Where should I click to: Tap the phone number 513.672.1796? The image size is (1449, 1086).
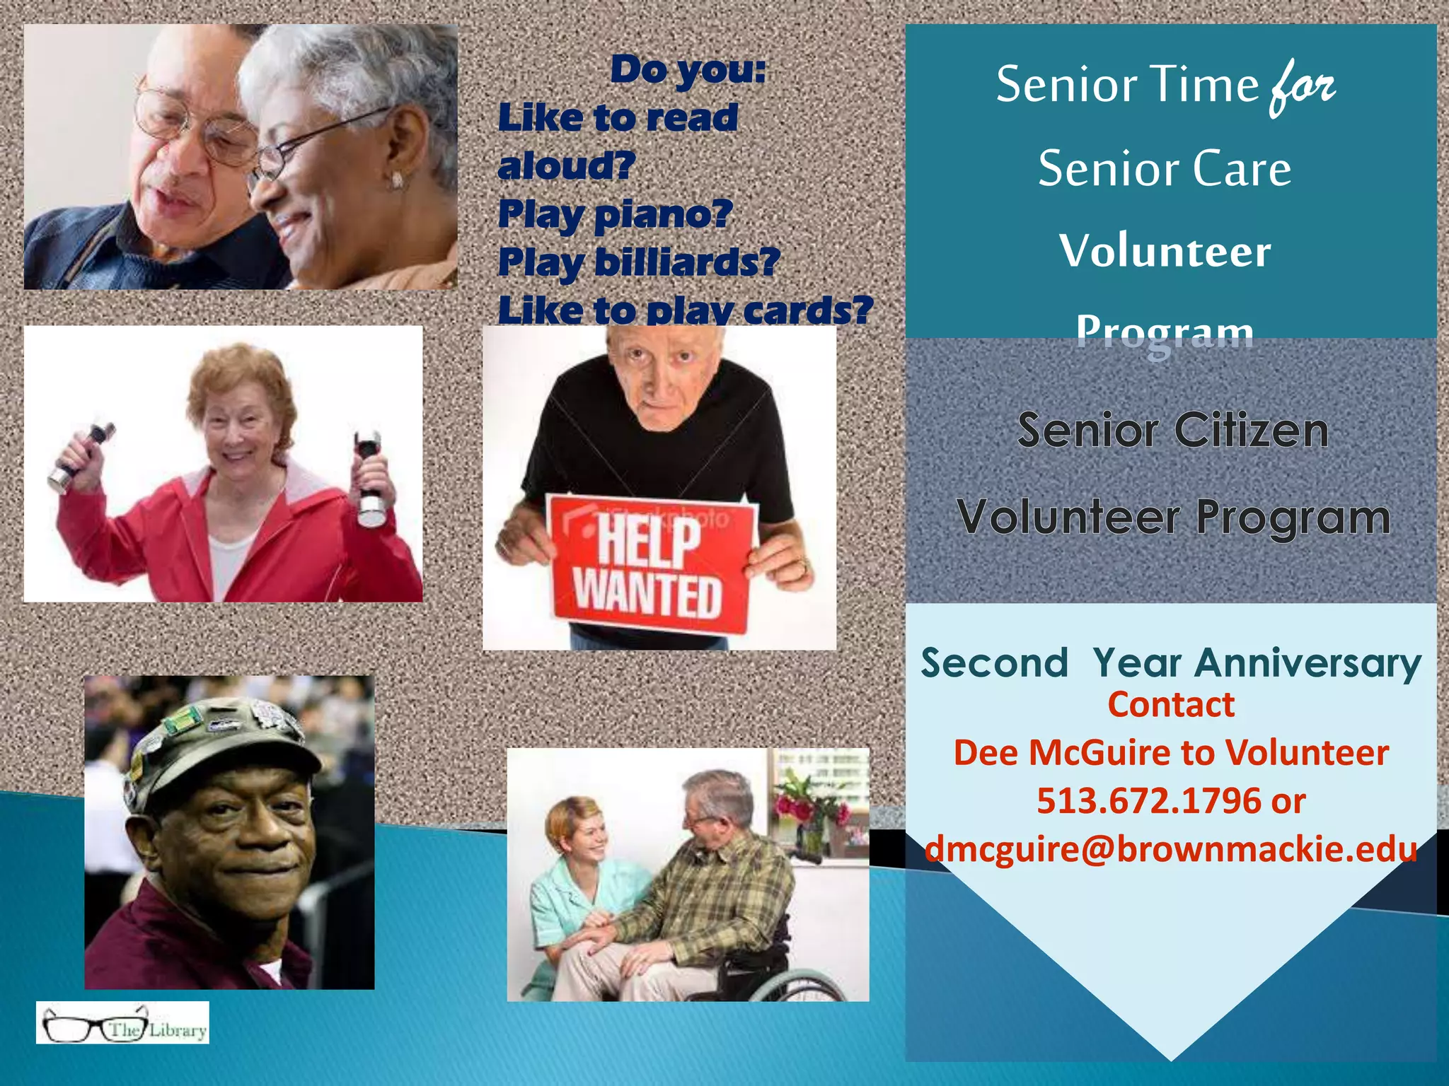click(x=1149, y=801)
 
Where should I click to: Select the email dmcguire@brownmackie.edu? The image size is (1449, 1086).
click(x=1171, y=849)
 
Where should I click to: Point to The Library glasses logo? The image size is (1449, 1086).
click(x=122, y=1023)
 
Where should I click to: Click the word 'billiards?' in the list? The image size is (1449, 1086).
click(x=687, y=262)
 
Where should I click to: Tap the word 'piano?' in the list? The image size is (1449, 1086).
click(x=663, y=214)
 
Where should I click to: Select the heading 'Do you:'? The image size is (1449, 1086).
click(x=688, y=69)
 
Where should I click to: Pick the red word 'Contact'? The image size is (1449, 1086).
click(x=1171, y=705)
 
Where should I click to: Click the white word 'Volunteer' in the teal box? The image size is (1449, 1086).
click(x=1165, y=251)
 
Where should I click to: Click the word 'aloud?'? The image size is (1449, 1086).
click(x=567, y=166)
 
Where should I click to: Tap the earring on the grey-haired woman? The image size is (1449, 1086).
click(x=397, y=180)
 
